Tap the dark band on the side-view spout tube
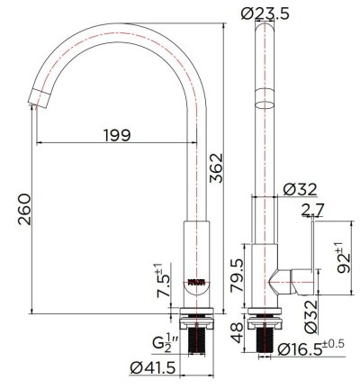coord(267,98)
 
